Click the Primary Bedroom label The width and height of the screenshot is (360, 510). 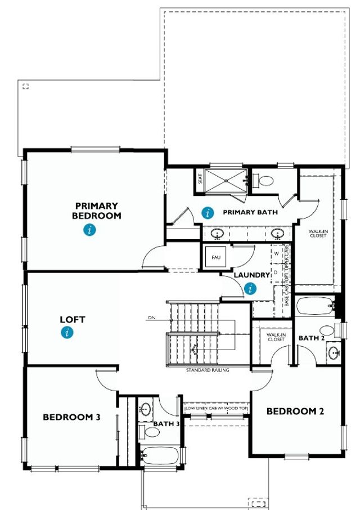click(97, 211)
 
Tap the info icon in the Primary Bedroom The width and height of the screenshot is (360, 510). click(89, 229)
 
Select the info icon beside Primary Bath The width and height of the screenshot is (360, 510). click(208, 212)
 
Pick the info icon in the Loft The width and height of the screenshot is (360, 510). click(67, 333)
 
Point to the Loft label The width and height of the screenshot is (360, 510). click(73, 320)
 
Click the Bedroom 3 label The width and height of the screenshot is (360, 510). click(71, 417)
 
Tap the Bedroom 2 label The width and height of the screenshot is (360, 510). click(295, 411)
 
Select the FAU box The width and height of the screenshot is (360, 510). click(215, 257)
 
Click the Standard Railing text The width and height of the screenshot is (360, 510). click(208, 370)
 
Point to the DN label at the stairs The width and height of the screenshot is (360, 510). click(151, 318)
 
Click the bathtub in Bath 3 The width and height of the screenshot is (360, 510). click(160, 454)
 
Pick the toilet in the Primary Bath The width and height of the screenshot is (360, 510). click(264, 181)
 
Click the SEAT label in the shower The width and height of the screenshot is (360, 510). click(200, 179)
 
